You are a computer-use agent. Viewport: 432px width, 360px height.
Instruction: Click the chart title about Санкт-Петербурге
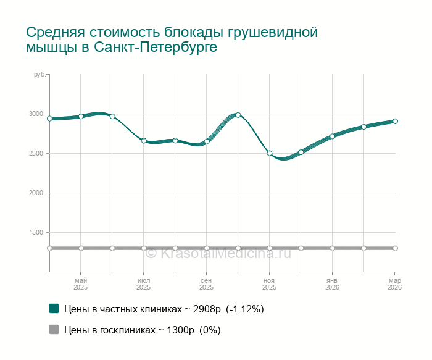tap(172, 40)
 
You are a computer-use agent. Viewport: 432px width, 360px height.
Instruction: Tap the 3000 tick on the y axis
tap(36, 114)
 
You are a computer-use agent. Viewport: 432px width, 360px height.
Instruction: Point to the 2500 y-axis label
tap(36, 154)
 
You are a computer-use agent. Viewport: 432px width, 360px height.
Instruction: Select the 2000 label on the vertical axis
tap(36, 193)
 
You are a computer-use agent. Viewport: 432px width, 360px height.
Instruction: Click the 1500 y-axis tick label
tap(36, 233)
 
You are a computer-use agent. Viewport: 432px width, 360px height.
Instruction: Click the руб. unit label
tap(39, 75)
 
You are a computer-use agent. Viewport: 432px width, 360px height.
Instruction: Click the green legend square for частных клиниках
tap(54, 308)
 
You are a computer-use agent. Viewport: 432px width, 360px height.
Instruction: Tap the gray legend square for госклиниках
tap(54, 330)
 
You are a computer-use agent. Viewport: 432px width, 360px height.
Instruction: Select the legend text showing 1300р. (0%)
tap(143, 330)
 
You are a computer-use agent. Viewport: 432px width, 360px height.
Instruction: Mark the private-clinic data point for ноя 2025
tap(270, 153)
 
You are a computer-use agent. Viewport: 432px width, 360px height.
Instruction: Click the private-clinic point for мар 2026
tap(395, 121)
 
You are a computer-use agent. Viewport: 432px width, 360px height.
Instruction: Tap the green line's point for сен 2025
tap(207, 141)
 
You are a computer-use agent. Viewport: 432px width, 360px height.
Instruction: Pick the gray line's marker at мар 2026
tap(395, 248)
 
